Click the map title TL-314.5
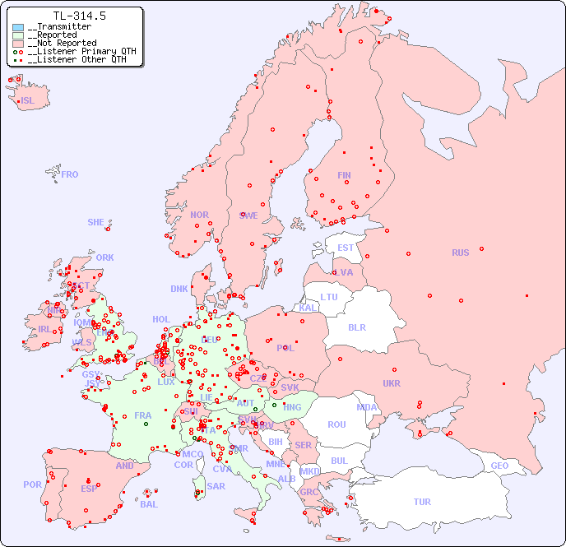pos(79,16)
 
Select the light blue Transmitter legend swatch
pos(18,27)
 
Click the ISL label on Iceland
pos(28,101)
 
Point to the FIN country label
pos(344,175)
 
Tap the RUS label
pos(460,253)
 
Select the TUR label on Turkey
pos(422,502)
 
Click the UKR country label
pos(392,383)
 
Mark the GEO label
pos(499,466)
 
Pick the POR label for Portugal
pos(32,484)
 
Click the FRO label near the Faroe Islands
pos(70,174)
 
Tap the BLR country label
pos(356,327)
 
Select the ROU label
pos(336,424)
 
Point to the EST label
pos(346,248)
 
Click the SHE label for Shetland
pos(96,222)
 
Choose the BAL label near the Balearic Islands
pos(149,504)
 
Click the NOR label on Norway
pos(199,215)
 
